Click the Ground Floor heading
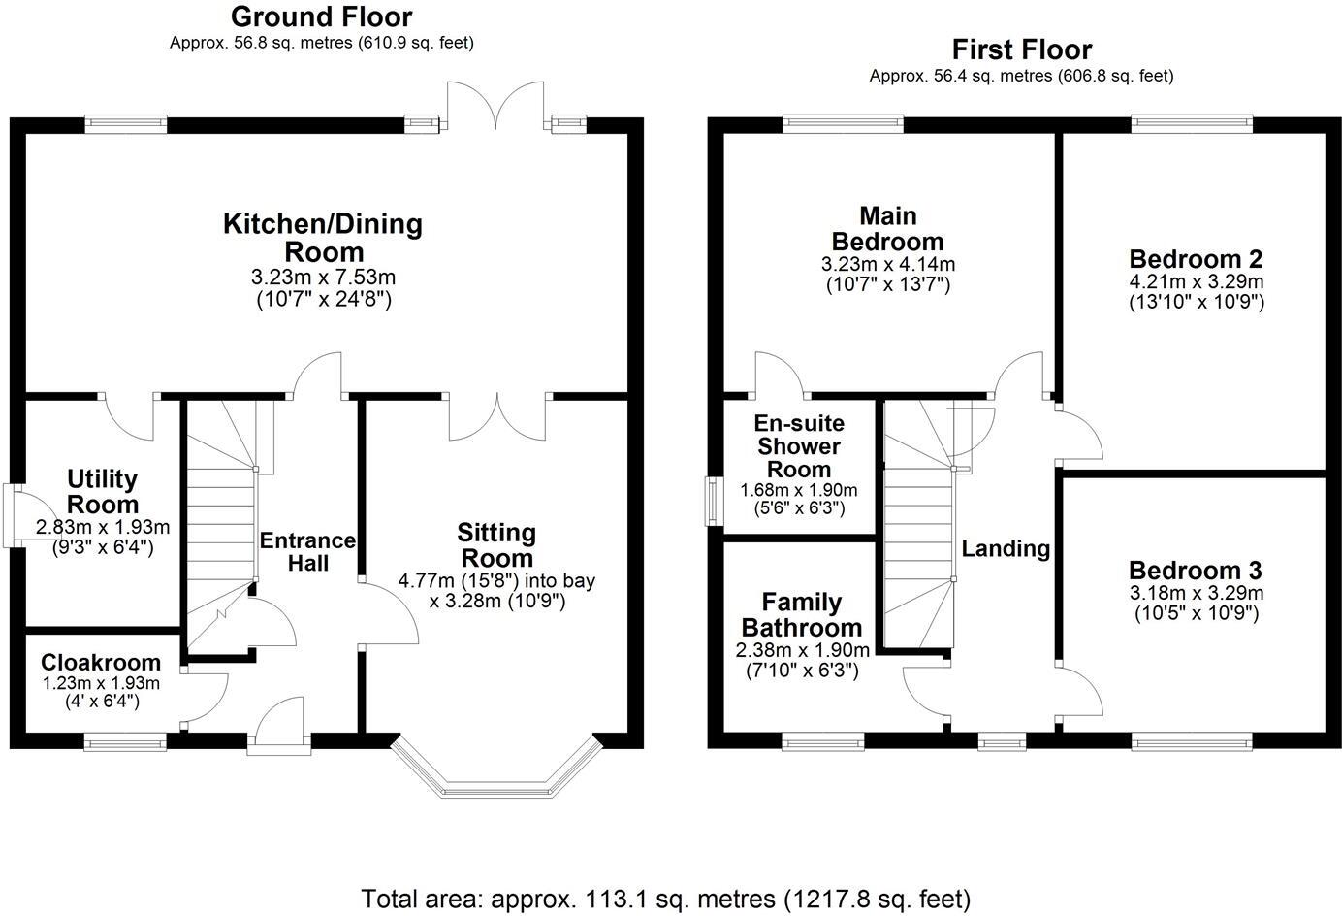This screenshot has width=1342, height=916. point(321,16)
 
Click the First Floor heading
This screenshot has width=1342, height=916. point(1021,49)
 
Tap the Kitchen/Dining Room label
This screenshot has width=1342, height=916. point(323,238)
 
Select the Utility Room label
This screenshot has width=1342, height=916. point(102,491)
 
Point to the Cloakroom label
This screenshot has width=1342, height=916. point(101,662)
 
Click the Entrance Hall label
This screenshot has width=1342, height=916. point(307,551)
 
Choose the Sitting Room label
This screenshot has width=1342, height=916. point(496,545)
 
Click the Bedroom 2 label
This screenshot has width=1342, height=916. point(1196,259)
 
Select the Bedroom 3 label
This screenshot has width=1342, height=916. point(1196,570)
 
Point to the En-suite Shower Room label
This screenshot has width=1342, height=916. point(798,446)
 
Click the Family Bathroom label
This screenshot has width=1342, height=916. point(801,614)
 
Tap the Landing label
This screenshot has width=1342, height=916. point(1006,548)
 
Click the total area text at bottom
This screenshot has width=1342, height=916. point(665,899)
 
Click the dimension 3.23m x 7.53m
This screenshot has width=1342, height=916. point(323,278)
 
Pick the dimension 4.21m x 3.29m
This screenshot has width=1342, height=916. point(1196,281)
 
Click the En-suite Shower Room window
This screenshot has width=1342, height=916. point(713,501)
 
